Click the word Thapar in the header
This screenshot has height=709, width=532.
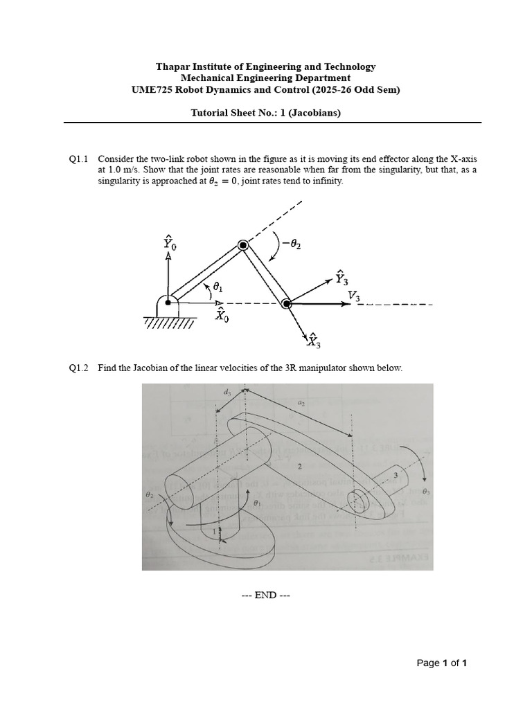click(172, 66)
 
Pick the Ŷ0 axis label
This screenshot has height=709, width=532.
click(170, 242)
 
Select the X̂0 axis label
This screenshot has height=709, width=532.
click(222, 315)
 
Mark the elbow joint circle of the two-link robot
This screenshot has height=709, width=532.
click(243, 245)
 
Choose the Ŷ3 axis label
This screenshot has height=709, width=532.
click(341, 278)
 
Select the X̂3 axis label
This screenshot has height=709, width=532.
click(313, 340)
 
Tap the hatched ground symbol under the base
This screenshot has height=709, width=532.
click(168, 323)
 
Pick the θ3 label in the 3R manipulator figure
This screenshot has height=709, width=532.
click(425, 491)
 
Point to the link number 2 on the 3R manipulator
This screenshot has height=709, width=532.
click(299, 467)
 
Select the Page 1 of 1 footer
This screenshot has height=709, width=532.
click(441, 663)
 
